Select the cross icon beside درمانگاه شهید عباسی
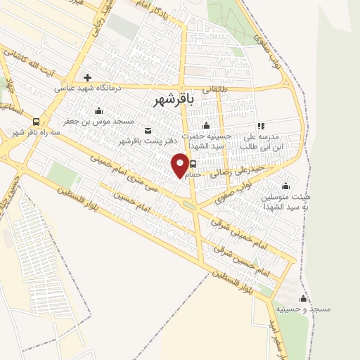(x=87, y=77)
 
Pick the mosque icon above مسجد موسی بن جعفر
(x=98, y=110)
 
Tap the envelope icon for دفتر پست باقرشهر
(x=148, y=131)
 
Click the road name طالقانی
(x=215, y=89)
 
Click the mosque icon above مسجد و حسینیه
(x=304, y=298)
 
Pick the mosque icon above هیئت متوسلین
(x=286, y=186)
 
